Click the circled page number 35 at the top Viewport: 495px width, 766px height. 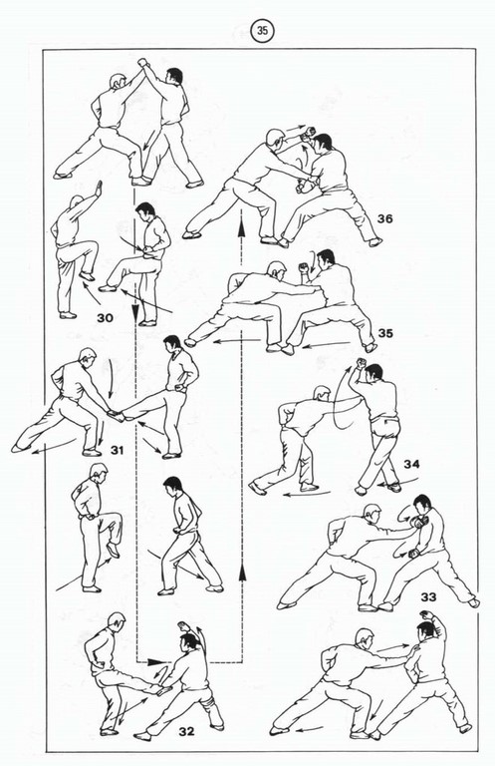point(262,31)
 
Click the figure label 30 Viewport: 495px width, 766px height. point(105,318)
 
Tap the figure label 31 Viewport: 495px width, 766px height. point(117,450)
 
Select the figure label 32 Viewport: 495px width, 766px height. point(186,731)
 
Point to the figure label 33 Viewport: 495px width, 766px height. point(428,597)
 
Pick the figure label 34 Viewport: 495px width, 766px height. point(411,464)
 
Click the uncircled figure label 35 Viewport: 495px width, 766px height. point(385,333)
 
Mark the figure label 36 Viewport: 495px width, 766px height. point(384,218)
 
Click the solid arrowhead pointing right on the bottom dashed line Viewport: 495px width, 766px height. point(156,662)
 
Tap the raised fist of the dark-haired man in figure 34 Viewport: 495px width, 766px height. point(361,363)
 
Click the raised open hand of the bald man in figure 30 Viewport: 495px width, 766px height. point(99,189)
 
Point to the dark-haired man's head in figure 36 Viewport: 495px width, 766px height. point(323,143)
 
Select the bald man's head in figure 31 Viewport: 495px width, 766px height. point(88,356)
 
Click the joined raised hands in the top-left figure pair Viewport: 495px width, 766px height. point(142,63)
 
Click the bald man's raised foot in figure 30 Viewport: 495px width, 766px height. point(87,276)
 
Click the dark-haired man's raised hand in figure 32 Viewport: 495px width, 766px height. point(184,626)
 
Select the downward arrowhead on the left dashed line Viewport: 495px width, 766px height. point(135,311)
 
